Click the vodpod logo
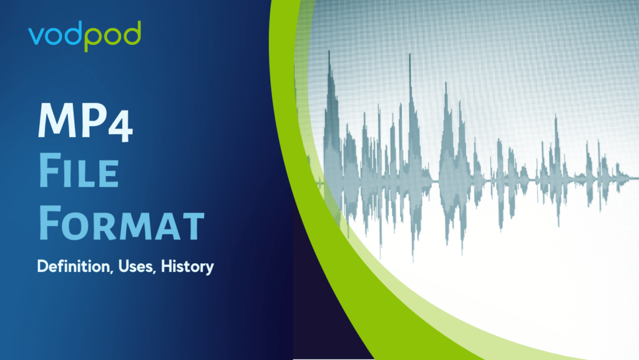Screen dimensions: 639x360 coord(85,36)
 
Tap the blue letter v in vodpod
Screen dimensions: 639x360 coord(36,37)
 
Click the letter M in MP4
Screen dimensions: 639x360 coord(57,120)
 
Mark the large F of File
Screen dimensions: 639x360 coord(50,170)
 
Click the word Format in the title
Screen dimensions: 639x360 coord(122,223)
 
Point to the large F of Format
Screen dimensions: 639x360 coord(50,223)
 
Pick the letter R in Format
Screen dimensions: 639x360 coord(107,227)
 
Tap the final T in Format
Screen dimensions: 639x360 coord(194,227)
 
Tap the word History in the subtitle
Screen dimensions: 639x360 coord(187,267)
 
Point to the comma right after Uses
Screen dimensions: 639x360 coord(155,272)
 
